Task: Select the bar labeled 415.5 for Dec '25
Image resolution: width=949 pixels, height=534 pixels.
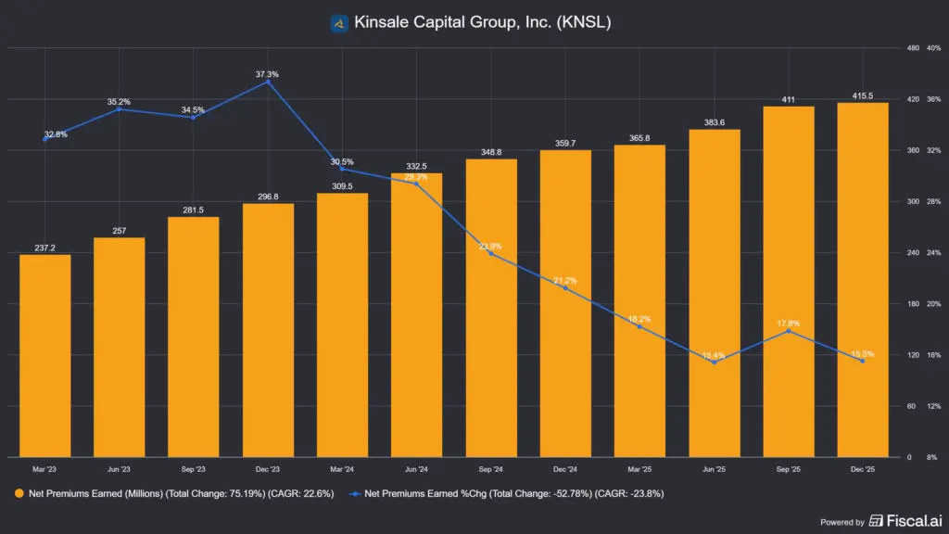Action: click(862, 279)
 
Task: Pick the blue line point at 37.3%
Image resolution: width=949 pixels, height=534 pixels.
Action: click(268, 82)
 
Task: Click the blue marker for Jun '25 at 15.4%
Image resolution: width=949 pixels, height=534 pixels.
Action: click(714, 362)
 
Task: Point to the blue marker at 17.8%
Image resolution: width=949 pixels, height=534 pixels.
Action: click(788, 331)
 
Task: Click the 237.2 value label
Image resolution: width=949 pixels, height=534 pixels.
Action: click(44, 248)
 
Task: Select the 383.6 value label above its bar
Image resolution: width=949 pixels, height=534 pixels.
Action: click(714, 122)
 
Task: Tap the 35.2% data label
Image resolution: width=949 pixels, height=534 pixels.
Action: click(119, 102)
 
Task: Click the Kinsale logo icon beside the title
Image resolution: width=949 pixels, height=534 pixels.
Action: click(339, 21)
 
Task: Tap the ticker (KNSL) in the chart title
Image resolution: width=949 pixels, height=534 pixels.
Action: click(584, 21)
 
